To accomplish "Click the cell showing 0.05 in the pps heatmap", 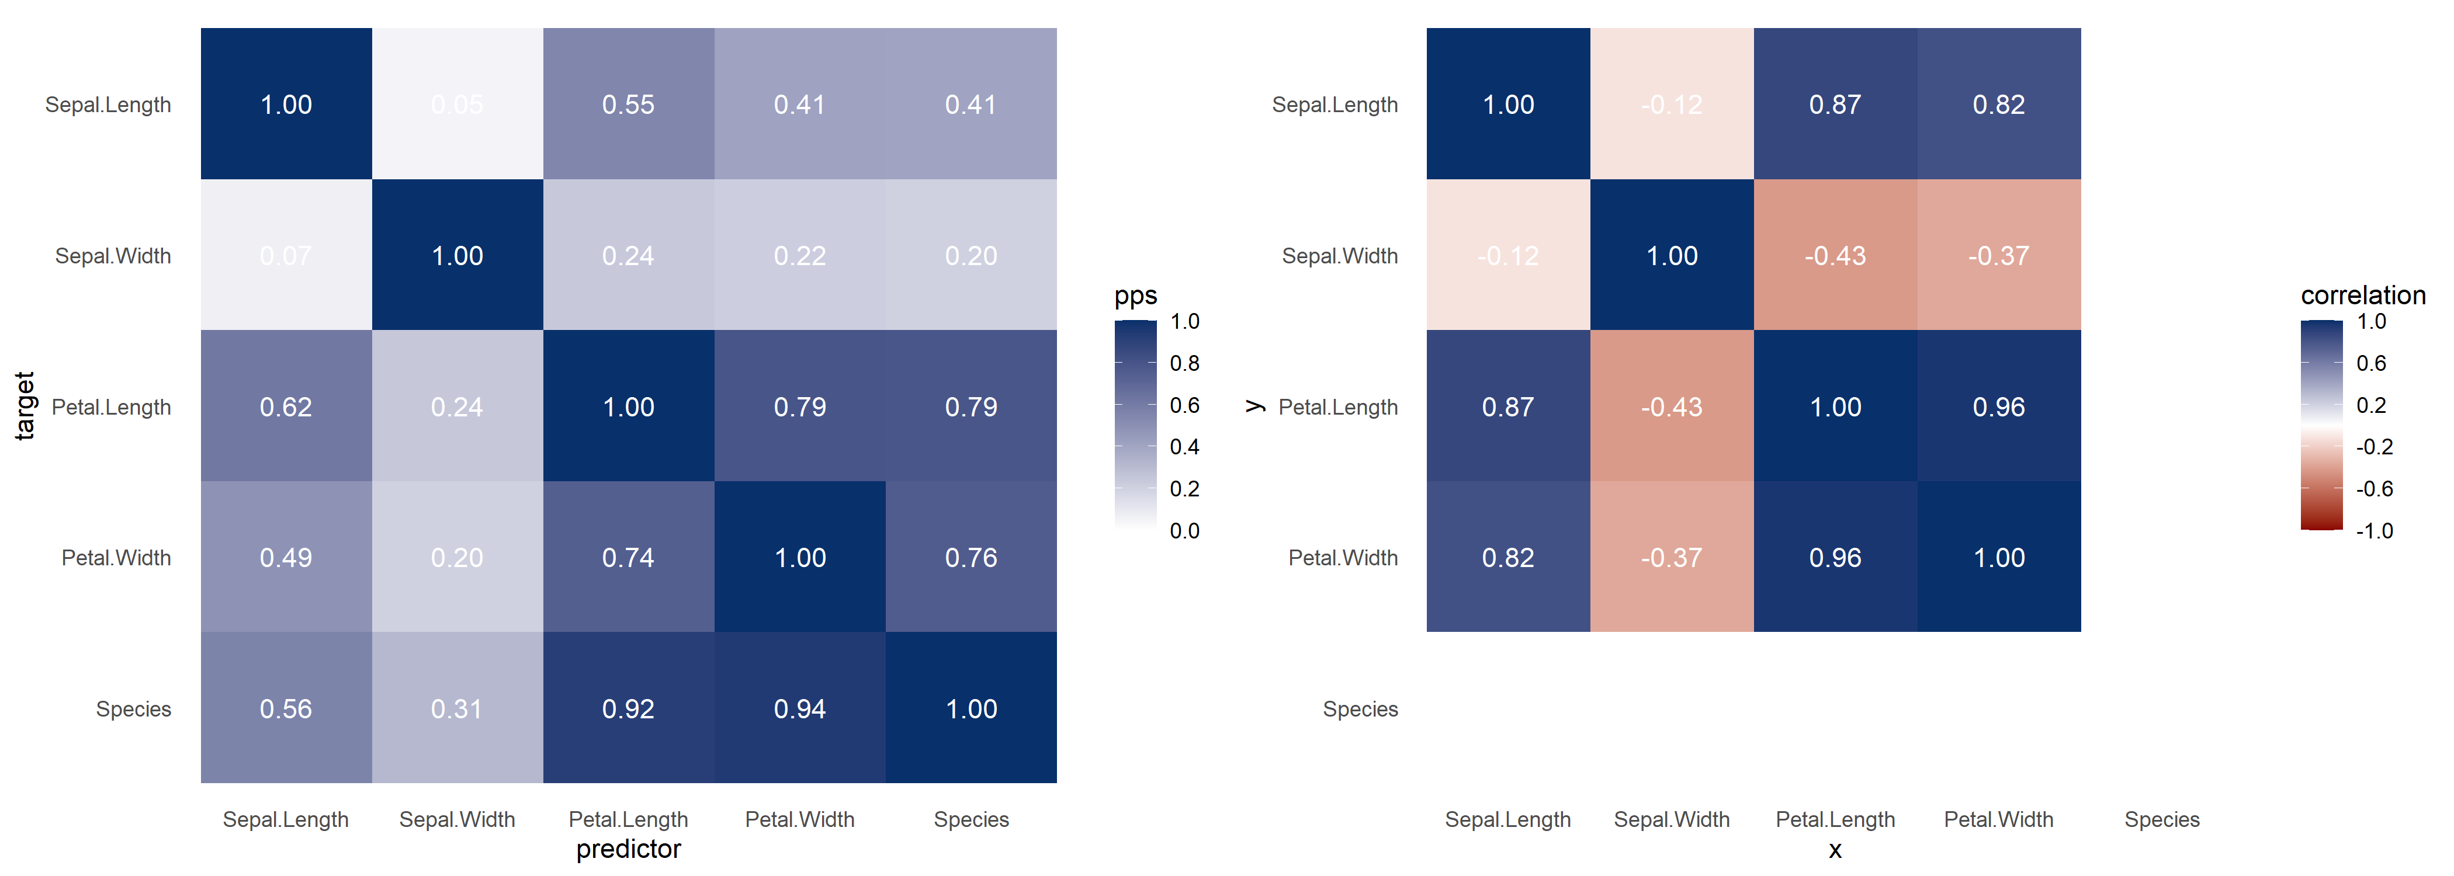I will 457,104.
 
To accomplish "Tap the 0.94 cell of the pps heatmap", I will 799,708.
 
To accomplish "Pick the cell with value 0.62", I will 286,406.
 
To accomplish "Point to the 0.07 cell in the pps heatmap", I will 286,255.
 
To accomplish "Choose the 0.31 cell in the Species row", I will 457,708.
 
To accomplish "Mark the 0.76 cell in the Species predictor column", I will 970,557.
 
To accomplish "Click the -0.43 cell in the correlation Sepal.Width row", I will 1835,255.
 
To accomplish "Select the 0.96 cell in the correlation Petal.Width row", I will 1835,557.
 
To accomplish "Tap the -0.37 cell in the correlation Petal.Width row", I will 1671,557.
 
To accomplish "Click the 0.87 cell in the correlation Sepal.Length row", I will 1835,104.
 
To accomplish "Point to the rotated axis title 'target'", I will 25,406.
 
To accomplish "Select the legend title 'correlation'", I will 2362,295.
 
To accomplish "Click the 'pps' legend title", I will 1135,295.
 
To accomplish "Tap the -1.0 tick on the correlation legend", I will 2374,530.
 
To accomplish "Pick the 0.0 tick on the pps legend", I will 1184,530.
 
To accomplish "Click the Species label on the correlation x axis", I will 2161,819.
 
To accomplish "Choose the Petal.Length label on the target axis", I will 112,406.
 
